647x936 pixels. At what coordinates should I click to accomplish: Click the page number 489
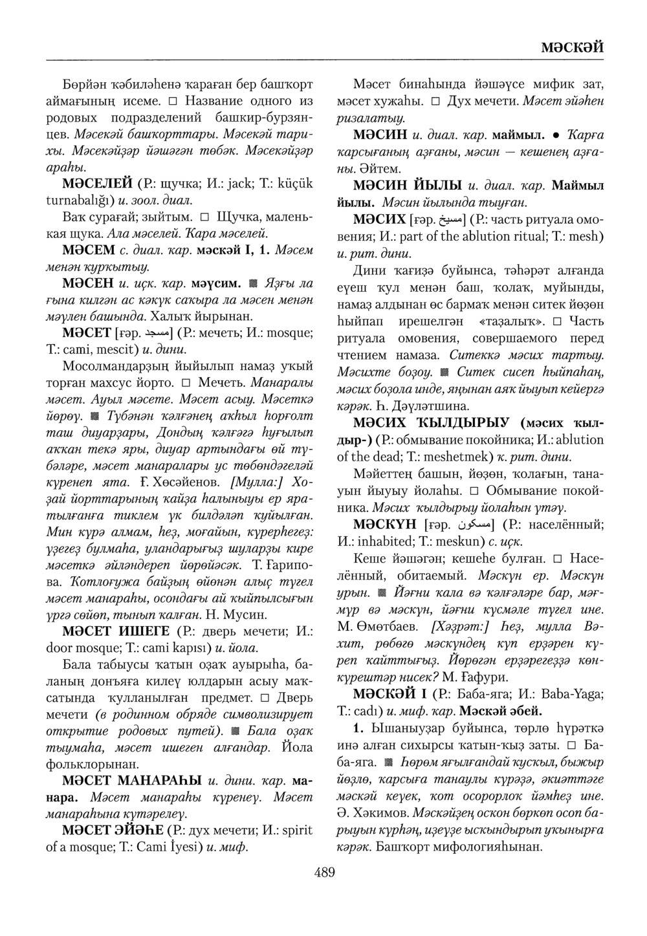point(324,874)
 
